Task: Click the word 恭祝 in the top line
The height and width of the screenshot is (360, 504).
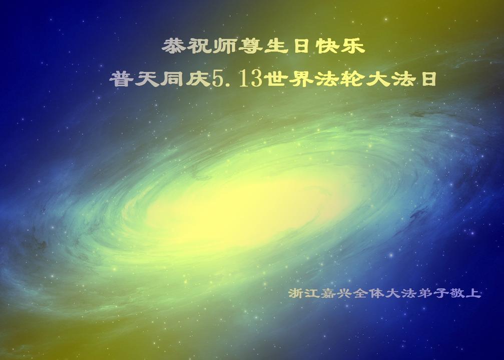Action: point(186,46)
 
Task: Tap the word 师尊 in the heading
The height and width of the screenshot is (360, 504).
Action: point(237,46)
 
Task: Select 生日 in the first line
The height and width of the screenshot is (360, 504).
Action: point(288,46)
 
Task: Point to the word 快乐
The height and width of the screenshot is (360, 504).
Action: point(340,46)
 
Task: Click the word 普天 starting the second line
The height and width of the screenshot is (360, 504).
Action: point(134,78)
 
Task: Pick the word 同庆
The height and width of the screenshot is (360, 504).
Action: point(186,78)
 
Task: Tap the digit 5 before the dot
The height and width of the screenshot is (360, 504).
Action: point(218,79)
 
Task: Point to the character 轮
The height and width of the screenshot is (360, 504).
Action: point(352,78)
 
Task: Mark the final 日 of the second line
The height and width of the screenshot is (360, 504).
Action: point(429,79)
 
